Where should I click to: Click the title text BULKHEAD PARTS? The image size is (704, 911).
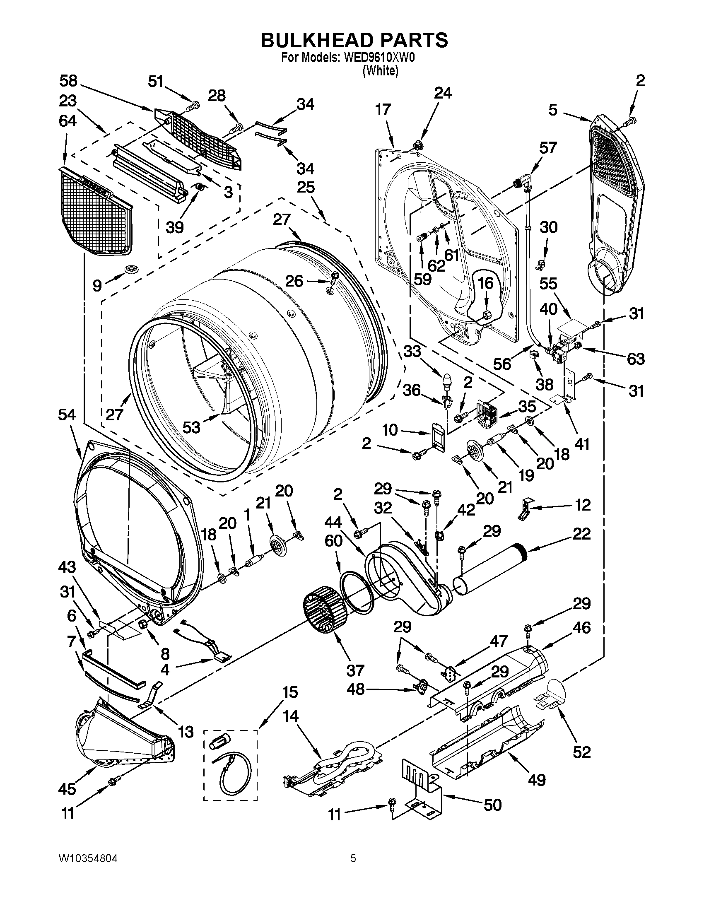[x=354, y=41]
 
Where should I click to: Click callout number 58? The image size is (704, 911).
[x=68, y=81]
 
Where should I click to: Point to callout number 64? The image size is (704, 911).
[x=68, y=121]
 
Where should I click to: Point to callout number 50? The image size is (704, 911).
[x=492, y=805]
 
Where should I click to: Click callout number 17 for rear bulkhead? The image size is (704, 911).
[x=383, y=110]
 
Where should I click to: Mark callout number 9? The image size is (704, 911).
[x=97, y=285]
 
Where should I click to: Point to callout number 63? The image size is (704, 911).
[x=636, y=358]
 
